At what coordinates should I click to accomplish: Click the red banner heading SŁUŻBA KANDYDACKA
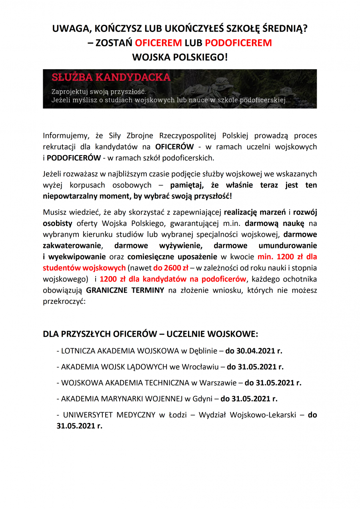click(x=111, y=77)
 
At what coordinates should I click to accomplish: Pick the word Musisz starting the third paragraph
click(x=54, y=212)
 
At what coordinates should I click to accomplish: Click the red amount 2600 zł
click(x=170, y=267)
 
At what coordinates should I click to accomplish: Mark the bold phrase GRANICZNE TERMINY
click(x=125, y=290)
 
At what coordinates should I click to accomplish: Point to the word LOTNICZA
click(x=78, y=351)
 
